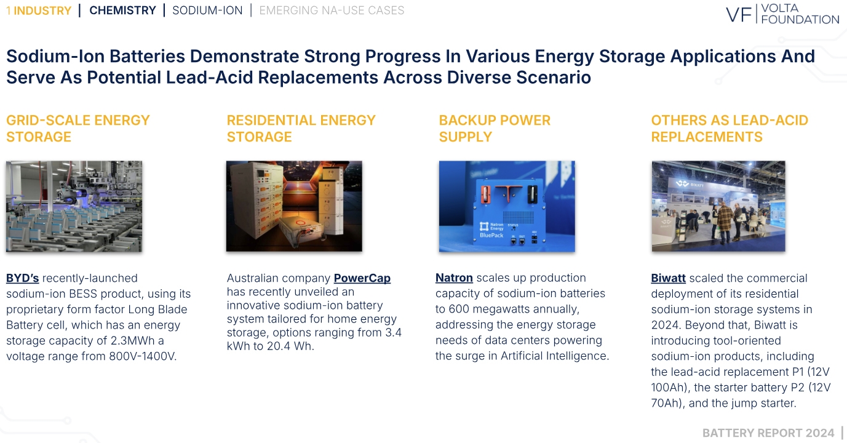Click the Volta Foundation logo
782,14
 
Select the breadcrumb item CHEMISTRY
122,10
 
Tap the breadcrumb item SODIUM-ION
207,10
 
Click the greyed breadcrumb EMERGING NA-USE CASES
332,10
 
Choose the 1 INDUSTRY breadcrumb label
39,10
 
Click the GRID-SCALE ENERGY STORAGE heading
78,129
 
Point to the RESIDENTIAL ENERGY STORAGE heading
301,129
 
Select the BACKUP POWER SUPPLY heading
495,129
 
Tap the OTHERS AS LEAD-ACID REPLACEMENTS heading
730,129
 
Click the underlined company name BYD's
22,278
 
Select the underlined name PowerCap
362,278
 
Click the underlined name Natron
454,278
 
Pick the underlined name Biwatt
668,278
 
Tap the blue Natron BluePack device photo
506,206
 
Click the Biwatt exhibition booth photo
718,206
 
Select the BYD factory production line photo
74,206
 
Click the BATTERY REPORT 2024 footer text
768,433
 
